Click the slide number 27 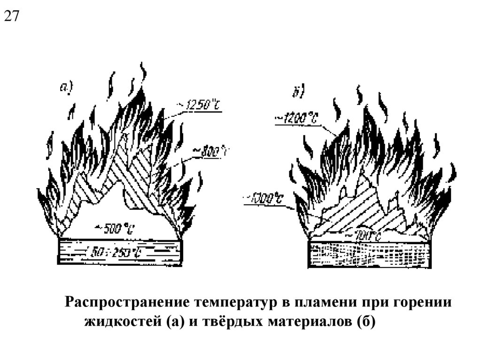pyautogui.click(x=12, y=16)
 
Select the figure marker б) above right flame pyautogui.click(x=299, y=92)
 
